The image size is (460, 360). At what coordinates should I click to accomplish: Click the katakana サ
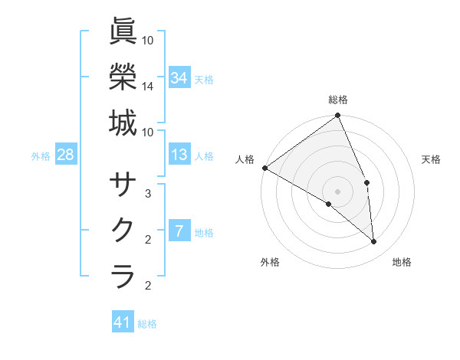point(123,185)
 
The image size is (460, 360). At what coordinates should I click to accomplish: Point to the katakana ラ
point(123,276)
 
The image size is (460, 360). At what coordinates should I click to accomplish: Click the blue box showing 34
point(179,77)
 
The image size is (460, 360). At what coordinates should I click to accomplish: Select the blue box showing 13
point(179,155)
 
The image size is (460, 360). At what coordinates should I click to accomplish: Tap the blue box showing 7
point(179,231)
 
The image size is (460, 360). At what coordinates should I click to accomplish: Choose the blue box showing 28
point(65,155)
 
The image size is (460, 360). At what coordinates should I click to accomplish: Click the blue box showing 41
point(123,322)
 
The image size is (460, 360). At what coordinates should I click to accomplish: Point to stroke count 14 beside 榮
point(148,87)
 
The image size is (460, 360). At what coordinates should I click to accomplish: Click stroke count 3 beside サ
point(148,194)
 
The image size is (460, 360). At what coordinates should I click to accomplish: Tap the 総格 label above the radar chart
point(338,100)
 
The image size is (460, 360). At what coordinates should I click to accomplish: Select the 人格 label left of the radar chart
point(245,159)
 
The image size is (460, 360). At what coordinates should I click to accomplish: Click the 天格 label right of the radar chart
point(431,159)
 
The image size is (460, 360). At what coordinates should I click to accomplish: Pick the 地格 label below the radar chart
point(402,262)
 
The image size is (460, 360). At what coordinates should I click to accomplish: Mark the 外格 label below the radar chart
point(270,262)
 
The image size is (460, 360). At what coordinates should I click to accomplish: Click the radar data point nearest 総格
point(337,116)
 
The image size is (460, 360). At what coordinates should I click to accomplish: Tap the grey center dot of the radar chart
point(338,191)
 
